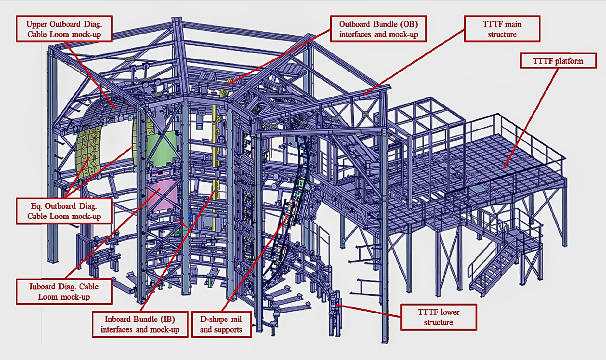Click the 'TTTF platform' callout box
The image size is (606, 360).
[558, 61]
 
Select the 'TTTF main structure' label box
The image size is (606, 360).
[502, 29]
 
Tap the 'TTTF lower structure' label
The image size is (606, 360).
[438, 317]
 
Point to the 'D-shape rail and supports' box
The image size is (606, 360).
[221, 324]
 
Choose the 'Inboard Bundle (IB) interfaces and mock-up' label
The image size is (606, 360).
[140, 324]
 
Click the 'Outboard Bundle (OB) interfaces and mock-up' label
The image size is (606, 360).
[379, 29]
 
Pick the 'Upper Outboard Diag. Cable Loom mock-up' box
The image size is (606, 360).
[64, 29]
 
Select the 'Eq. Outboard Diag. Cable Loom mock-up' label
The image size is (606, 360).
[64, 211]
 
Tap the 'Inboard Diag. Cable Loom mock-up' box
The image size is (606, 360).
[64, 292]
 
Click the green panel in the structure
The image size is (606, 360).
[162, 149]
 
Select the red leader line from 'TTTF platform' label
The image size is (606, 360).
[531, 118]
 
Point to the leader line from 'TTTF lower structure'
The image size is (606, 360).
[368, 311]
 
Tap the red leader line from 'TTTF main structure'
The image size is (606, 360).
[414, 62]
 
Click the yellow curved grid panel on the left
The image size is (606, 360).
[88, 152]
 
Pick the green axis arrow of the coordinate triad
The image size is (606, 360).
[179, 232]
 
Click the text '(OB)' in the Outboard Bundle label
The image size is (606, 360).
[409, 24]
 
